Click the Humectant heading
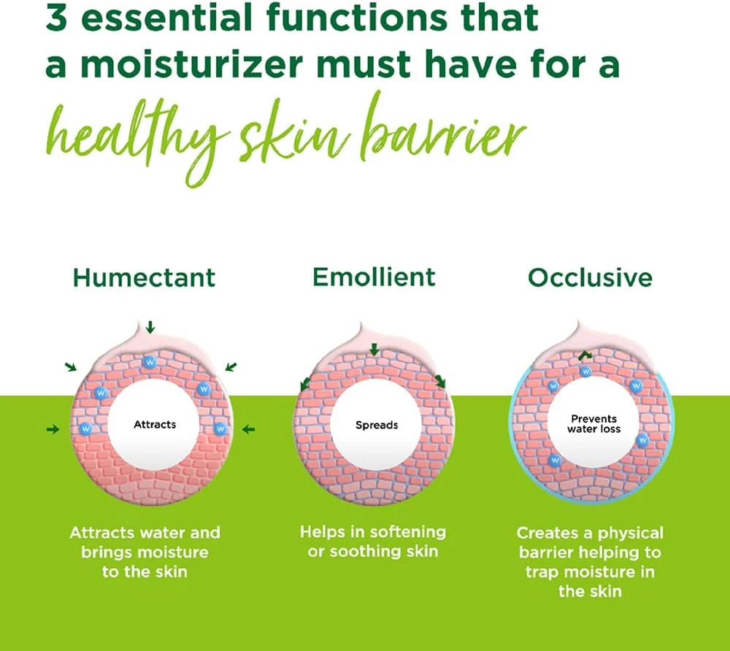[144, 278]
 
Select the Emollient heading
[374, 277]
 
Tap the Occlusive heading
[590, 278]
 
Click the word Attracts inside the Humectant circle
[155, 424]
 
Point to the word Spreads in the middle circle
[377, 425]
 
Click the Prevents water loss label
[593, 424]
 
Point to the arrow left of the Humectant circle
[52, 430]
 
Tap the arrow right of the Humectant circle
[248, 430]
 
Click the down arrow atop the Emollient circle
[374, 350]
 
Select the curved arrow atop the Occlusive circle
[585, 355]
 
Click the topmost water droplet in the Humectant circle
[150, 361]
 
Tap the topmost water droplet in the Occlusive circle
[585, 371]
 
